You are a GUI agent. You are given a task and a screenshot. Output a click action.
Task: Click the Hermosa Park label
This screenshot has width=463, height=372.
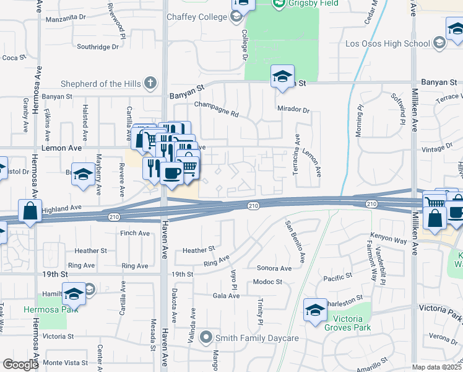(43, 309)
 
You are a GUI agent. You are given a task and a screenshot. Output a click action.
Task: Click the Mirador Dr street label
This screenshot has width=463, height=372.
(293, 110)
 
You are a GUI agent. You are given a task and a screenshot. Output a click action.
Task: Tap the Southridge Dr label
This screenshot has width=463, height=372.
(97, 46)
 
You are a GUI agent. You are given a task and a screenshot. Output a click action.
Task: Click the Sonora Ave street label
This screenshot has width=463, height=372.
(274, 268)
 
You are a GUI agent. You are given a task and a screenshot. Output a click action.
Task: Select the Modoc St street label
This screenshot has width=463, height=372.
(267, 281)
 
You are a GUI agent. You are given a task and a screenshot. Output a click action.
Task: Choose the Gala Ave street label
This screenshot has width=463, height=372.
(226, 296)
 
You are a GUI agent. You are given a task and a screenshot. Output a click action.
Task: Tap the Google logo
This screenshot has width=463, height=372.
(20, 365)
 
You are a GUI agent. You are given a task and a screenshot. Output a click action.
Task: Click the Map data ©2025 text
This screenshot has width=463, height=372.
(437, 367)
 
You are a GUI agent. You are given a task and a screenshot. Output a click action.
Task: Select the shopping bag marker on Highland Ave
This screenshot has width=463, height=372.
(29, 211)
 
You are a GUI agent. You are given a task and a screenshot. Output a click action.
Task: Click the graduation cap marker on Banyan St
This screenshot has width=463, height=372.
(282, 77)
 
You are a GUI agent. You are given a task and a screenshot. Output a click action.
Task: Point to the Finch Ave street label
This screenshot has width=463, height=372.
(136, 233)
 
